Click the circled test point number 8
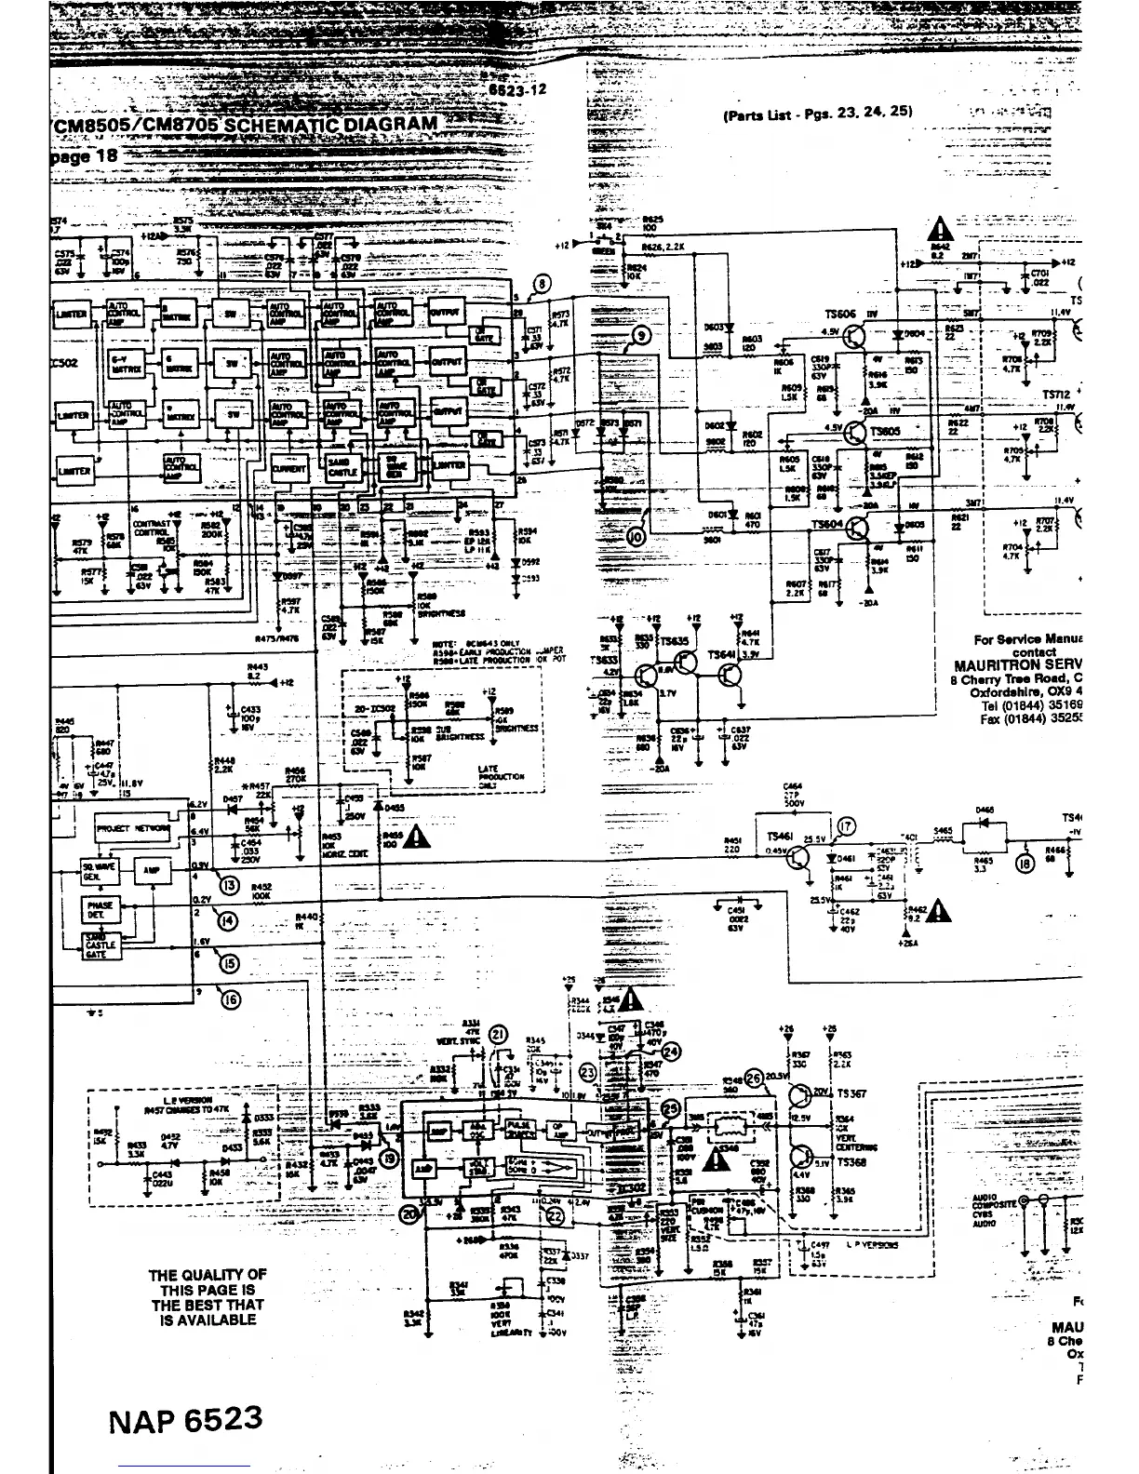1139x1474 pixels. coord(543,285)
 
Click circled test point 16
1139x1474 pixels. coord(231,999)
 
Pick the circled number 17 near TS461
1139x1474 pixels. coord(845,826)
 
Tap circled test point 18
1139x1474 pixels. coord(1025,864)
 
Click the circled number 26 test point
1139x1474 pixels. coord(754,1077)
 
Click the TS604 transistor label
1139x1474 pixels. coord(826,525)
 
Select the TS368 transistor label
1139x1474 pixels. coord(851,1162)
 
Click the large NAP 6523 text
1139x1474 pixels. coord(185,1420)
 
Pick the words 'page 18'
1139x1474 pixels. coord(85,155)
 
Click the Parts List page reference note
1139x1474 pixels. coord(816,112)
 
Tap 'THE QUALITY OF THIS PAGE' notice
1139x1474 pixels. coord(208,1297)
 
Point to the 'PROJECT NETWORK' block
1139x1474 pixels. coord(133,827)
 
